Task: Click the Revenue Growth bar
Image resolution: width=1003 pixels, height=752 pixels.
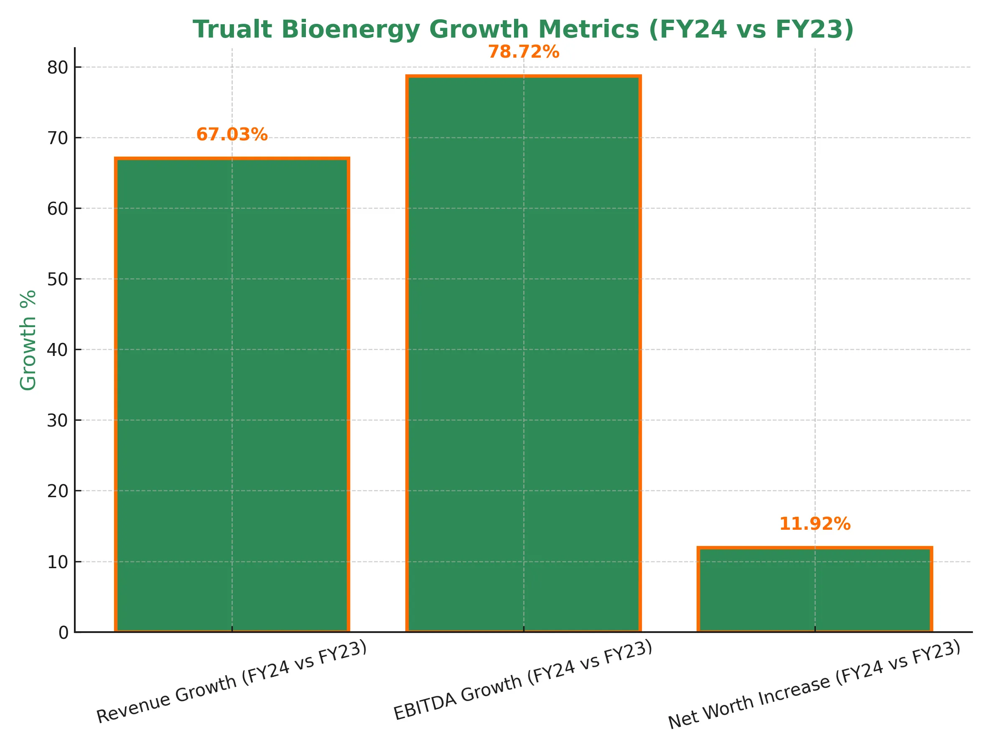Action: pyautogui.click(x=232, y=394)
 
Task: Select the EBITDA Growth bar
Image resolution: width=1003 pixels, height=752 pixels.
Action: pyautogui.click(x=523, y=353)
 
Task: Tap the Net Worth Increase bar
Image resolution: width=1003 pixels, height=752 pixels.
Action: pyautogui.click(x=815, y=589)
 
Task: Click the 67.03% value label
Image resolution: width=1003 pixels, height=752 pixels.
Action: pyautogui.click(x=232, y=135)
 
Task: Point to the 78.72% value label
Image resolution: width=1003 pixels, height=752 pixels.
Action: pyautogui.click(x=523, y=52)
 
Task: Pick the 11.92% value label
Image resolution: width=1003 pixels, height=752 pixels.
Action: pyautogui.click(x=815, y=524)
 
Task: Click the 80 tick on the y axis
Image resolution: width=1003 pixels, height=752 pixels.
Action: pyautogui.click(x=58, y=68)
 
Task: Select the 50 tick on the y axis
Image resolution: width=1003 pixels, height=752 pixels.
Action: pyautogui.click(x=58, y=279)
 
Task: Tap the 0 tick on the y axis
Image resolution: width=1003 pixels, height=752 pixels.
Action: pyautogui.click(x=64, y=633)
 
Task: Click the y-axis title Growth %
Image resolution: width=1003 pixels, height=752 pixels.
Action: pyautogui.click(x=28, y=340)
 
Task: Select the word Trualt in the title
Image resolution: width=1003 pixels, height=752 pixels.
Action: pyautogui.click(x=232, y=30)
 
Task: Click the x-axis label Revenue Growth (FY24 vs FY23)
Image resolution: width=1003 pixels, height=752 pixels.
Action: pyautogui.click(x=231, y=681)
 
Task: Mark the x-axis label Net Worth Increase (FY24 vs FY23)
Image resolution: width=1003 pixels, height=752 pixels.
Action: pyautogui.click(x=814, y=684)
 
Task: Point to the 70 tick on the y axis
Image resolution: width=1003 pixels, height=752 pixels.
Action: pyautogui.click(x=58, y=138)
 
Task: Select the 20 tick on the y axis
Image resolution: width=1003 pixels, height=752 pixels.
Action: pyautogui.click(x=58, y=491)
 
